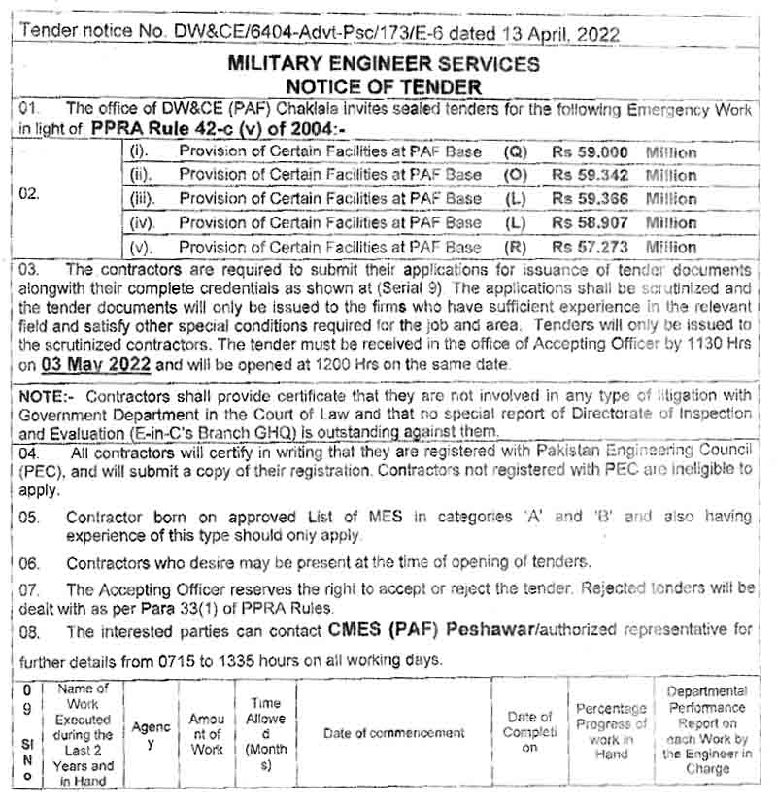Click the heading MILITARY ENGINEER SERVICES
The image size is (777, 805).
[384, 64]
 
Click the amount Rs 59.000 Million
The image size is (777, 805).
[624, 152]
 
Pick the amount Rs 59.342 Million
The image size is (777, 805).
[624, 176]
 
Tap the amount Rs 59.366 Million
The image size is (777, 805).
[624, 199]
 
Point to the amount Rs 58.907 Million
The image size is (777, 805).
[624, 222]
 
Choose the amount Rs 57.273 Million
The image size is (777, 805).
[624, 247]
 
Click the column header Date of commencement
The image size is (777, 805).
[393, 733]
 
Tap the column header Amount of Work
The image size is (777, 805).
[206, 733]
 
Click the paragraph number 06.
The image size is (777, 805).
[29, 563]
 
